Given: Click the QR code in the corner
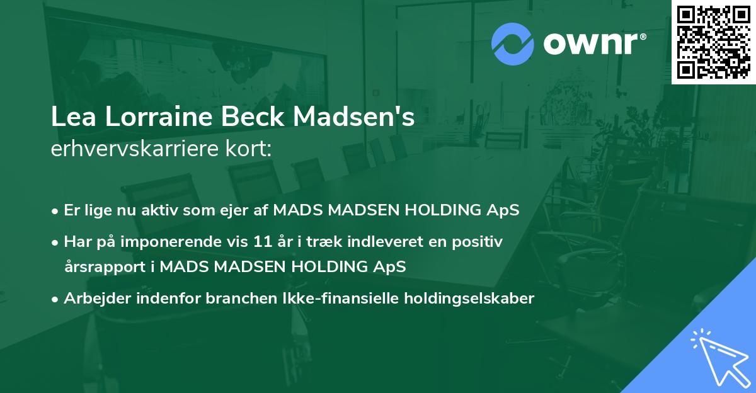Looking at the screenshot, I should click(713, 42).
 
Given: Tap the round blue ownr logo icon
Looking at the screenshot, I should click(512, 44).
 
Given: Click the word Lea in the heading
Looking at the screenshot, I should click(69, 118).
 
